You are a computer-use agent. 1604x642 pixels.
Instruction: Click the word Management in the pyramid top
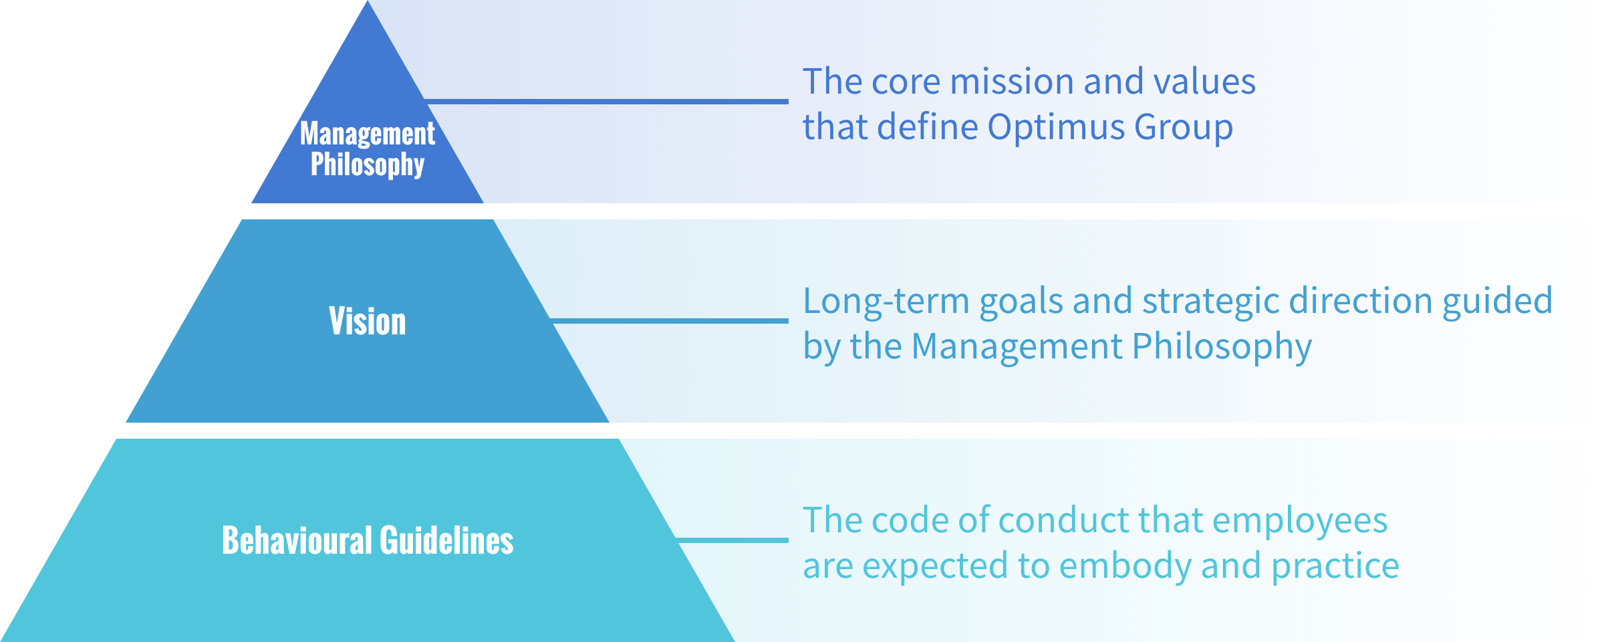[x=367, y=134]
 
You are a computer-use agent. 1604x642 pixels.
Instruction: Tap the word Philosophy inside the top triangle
[x=367, y=165]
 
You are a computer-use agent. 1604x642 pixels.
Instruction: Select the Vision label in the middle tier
[x=367, y=322]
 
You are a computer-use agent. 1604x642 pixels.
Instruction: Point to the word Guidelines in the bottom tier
[x=446, y=540]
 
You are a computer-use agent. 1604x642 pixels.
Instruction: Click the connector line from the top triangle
[x=606, y=102]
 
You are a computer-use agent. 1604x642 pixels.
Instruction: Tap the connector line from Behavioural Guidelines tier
[x=732, y=540]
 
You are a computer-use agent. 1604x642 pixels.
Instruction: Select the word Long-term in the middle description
[x=886, y=301]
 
